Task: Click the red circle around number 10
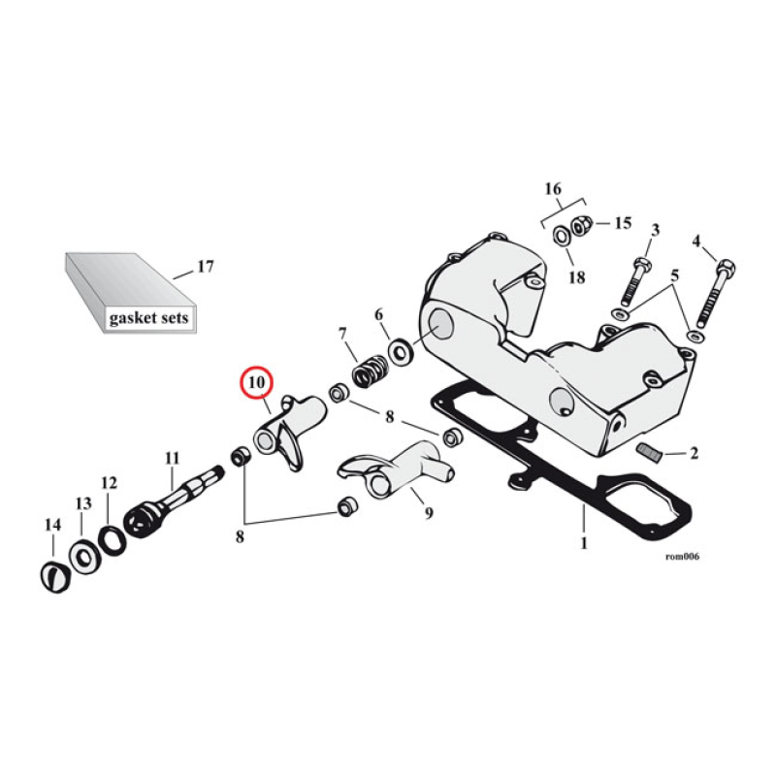(257, 384)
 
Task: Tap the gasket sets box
(132, 292)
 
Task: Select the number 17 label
(206, 266)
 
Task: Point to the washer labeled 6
(399, 348)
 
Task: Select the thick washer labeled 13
(81, 557)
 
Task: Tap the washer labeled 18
(563, 237)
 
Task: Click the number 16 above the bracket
(552, 187)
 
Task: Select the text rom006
(682, 557)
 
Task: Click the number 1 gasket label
(584, 543)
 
